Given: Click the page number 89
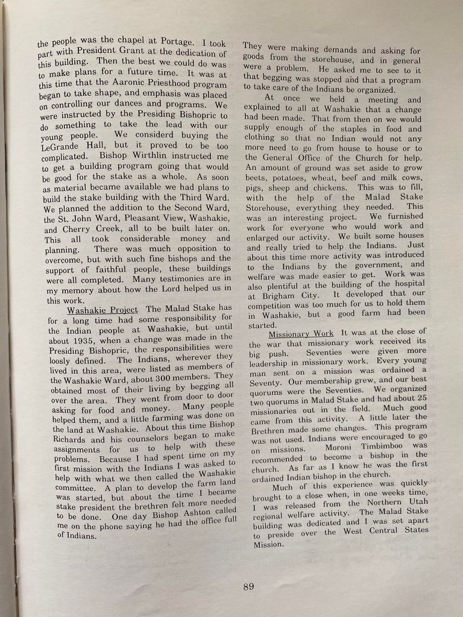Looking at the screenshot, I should pyautogui.click(x=248, y=587).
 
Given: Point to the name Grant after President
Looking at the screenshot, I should pyautogui.click(x=138, y=52).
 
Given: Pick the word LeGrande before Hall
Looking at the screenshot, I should pyautogui.click(x=64, y=146).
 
